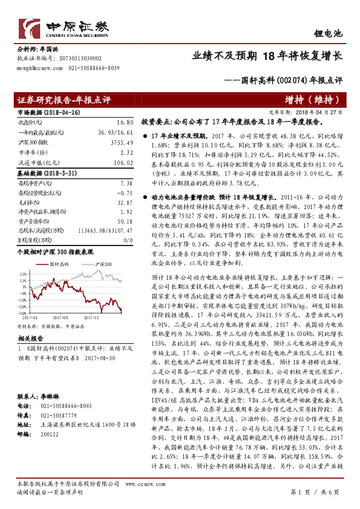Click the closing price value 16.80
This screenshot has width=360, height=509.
tap(124, 122)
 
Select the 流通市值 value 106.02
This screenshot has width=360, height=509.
tap(122, 161)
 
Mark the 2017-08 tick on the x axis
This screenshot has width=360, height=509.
tap(61, 316)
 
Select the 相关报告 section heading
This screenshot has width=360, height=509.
tap(29, 340)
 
